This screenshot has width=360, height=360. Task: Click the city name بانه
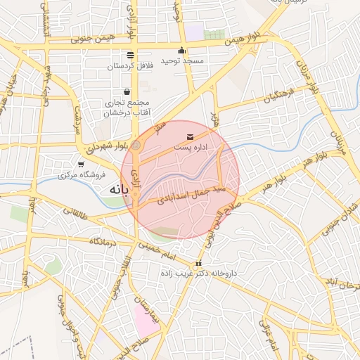coord(117,190)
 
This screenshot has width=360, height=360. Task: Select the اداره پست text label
coord(190,148)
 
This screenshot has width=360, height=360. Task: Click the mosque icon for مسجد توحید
coord(183,50)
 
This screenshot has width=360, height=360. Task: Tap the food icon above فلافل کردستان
coord(130,55)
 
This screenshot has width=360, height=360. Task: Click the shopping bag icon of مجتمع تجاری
coord(127,91)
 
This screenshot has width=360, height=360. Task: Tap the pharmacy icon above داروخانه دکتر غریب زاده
coord(198,263)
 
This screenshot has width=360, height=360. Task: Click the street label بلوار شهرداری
coord(108,146)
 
